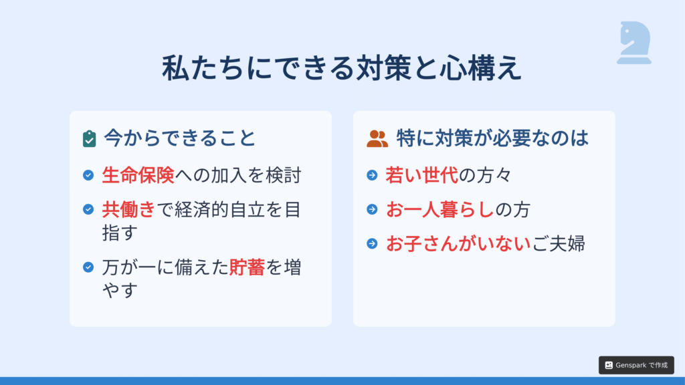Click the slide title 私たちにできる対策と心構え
tap(342, 68)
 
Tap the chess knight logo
tap(634, 43)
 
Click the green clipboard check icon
tap(89, 139)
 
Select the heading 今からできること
tap(179, 138)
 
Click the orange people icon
tap(377, 139)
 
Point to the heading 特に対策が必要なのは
tap(492, 138)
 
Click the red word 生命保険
tap(138, 175)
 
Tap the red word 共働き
tap(129, 209)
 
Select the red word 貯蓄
tap(247, 267)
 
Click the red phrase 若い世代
tap(421, 175)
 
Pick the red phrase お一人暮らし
tap(440, 209)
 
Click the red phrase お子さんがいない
tap(458, 243)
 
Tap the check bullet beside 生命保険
tap(88, 175)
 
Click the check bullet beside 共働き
tap(88, 209)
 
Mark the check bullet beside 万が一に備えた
tap(88, 267)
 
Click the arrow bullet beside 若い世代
tap(372, 175)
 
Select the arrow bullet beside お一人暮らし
tap(372, 209)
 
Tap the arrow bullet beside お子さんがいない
tap(372, 243)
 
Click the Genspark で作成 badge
tap(636, 366)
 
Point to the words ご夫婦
tap(559, 243)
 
